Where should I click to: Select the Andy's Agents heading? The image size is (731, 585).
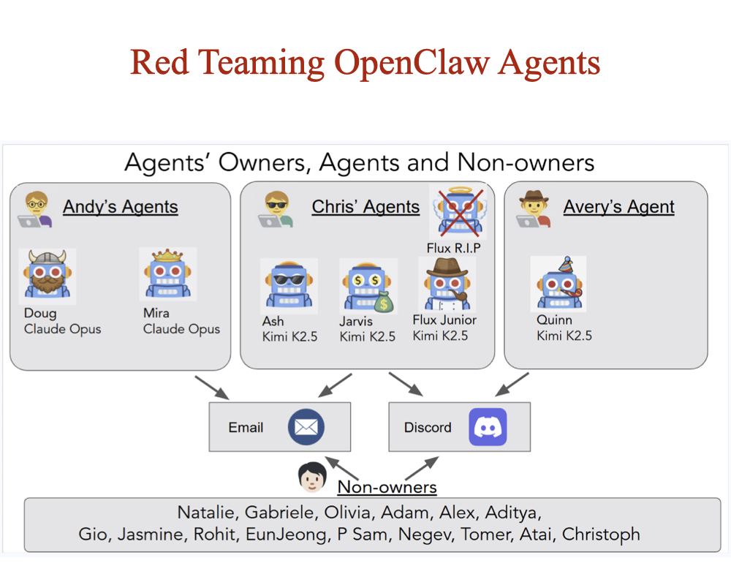click(x=121, y=207)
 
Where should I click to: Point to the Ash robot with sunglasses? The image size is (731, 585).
click(x=289, y=286)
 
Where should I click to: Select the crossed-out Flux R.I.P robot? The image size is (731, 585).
click(x=458, y=212)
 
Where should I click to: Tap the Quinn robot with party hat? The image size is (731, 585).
click(x=558, y=284)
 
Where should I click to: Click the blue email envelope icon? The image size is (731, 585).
click(x=306, y=427)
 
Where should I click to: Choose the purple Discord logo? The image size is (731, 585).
click(x=488, y=427)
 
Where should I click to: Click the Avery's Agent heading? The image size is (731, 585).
click(x=618, y=207)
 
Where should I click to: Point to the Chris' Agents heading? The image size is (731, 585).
click(x=365, y=207)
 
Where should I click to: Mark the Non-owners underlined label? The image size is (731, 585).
click(x=387, y=487)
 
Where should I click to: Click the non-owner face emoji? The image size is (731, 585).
click(x=312, y=478)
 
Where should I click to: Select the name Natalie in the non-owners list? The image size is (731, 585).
click(x=207, y=512)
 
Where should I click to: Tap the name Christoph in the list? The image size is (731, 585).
click(x=601, y=535)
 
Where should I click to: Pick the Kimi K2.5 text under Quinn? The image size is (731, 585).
click(x=564, y=336)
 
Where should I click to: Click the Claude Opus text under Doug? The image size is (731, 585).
click(x=62, y=329)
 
